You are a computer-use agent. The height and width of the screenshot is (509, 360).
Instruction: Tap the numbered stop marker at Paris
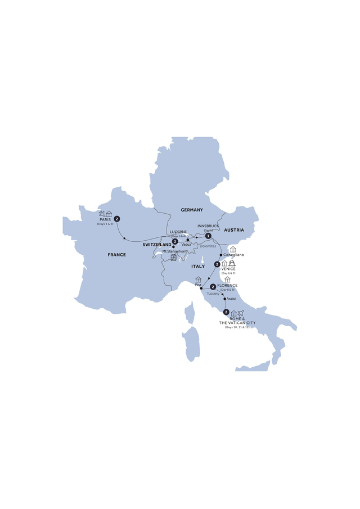(x=117, y=219)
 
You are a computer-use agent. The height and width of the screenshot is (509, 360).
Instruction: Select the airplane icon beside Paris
(x=101, y=213)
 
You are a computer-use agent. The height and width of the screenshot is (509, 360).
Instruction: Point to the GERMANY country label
(x=191, y=210)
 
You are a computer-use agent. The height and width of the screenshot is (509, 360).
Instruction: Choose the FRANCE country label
(x=117, y=255)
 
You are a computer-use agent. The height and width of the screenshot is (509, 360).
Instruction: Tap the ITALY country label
(x=197, y=267)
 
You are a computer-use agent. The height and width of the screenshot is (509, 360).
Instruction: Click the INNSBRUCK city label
(x=208, y=226)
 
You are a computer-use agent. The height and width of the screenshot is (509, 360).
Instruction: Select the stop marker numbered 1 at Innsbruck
(x=208, y=236)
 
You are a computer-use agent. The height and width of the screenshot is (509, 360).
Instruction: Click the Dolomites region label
(x=208, y=245)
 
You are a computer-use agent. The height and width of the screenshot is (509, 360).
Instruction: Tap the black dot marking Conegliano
(x=221, y=254)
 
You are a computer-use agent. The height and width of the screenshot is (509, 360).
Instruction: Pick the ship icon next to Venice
(x=232, y=263)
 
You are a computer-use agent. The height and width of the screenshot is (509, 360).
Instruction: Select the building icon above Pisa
(x=198, y=280)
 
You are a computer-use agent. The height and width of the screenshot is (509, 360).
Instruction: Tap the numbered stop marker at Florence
(x=213, y=286)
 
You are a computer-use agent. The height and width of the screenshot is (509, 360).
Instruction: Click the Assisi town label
(x=231, y=299)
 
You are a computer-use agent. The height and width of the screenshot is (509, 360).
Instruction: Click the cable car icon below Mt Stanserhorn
(x=173, y=258)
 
